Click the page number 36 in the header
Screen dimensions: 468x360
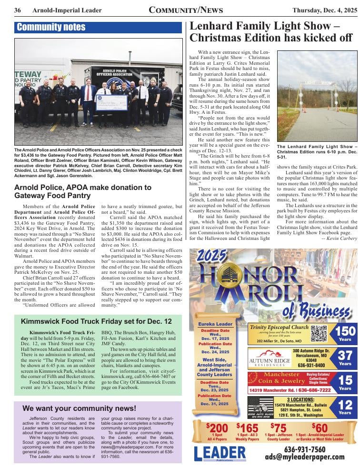[x=18, y=10]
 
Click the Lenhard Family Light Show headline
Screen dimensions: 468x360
[x=270, y=32]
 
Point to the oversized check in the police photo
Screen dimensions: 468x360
[x=111, y=102]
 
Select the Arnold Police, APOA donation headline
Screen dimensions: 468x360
[x=83, y=191]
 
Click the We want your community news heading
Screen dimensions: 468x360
[x=79, y=408]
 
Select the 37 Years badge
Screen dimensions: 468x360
[x=345, y=358]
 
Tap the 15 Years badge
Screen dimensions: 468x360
[x=345, y=382]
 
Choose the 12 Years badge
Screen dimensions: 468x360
[x=345, y=407]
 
